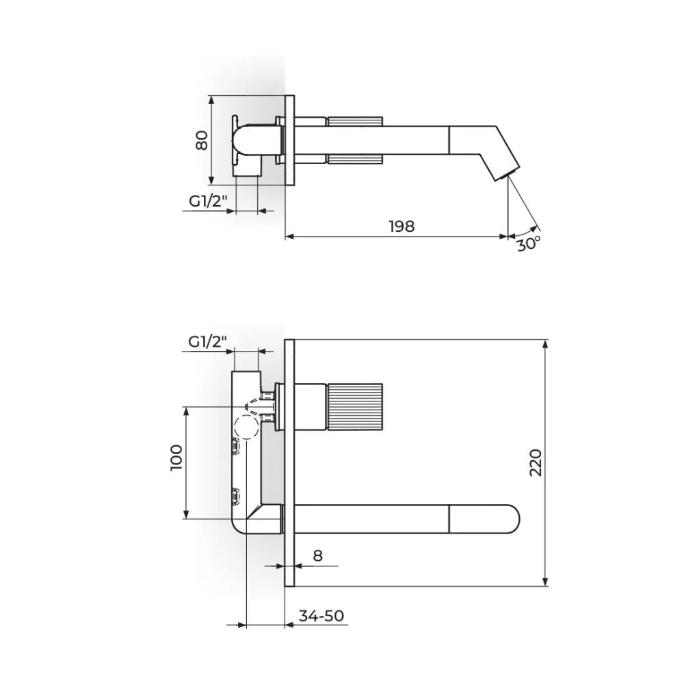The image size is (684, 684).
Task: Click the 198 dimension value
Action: click(402, 226)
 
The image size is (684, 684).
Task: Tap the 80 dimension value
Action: click(202, 140)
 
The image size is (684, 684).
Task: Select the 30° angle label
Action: click(529, 244)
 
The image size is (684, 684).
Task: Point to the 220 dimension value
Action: click(536, 463)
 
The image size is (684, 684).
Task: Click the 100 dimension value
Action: click(176, 458)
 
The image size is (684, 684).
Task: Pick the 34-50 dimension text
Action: click(321, 616)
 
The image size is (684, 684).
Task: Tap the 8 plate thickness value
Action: click(317, 555)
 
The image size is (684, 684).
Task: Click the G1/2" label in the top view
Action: click(208, 202)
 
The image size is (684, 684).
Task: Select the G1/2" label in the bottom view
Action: click(208, 341)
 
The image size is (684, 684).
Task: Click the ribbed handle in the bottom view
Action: click(354, 407)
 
